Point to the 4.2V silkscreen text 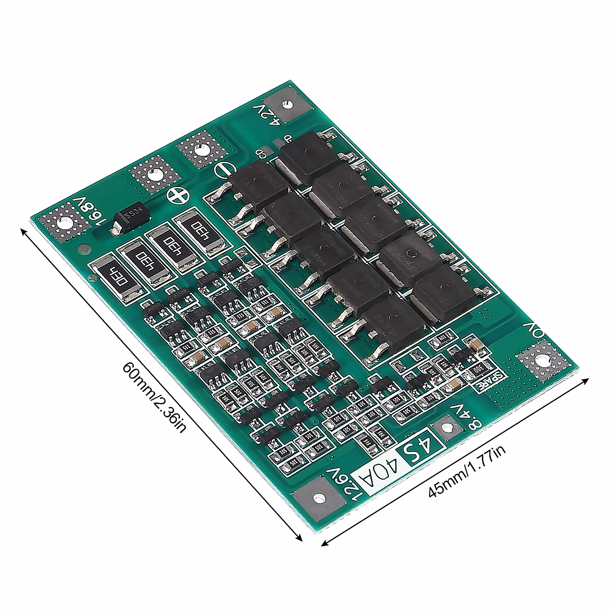coord(268,114)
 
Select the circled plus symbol coord(177,195)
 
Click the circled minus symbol coord(224,169)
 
